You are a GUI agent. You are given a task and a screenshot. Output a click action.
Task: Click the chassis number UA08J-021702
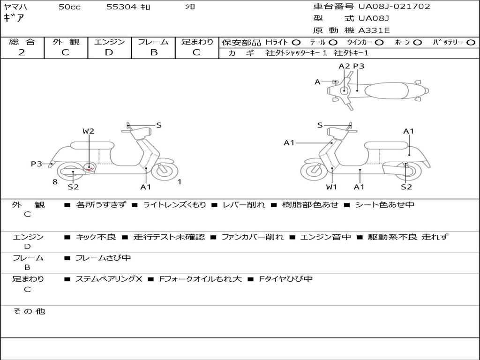tap(394, 7)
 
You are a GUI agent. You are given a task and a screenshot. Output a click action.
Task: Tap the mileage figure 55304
tap(121, 7)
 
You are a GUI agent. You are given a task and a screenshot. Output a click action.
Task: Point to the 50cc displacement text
tap(69, 7)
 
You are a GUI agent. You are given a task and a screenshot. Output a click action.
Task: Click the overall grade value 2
tap(22, 52)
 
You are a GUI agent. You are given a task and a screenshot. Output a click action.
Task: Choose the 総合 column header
tap(22, 42)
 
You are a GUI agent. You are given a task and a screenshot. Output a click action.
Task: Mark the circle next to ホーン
tap(418, 43)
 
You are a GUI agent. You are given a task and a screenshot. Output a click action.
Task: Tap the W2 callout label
tap(88, 131)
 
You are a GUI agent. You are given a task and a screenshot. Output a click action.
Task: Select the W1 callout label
tap(331, 187)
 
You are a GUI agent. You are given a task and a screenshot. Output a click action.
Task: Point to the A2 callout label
tap(345, 67)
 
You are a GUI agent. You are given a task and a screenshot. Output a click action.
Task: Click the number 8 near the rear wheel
tap(55, 182)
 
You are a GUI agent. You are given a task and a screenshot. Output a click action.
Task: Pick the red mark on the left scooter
tap(90, 168)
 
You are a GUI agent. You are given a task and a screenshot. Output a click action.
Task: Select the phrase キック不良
tap(96, 237)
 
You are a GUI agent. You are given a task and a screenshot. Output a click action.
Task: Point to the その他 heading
tap(29, 311)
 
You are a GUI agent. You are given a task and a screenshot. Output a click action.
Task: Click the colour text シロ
tap(190, 7)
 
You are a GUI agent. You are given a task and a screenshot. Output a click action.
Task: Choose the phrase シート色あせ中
tap(384, 205)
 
